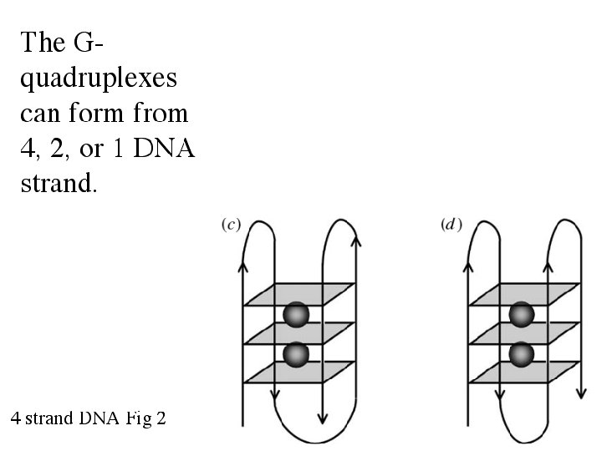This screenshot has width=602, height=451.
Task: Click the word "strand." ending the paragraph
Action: [58, 183]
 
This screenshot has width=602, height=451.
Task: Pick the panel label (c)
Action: [231, 225]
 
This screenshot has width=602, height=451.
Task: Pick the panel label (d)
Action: [451, 225]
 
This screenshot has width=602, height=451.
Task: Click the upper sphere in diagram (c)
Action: [296, 315]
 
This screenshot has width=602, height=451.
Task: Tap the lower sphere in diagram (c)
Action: [296, 354]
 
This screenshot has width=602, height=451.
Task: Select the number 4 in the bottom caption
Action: [17, 418]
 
